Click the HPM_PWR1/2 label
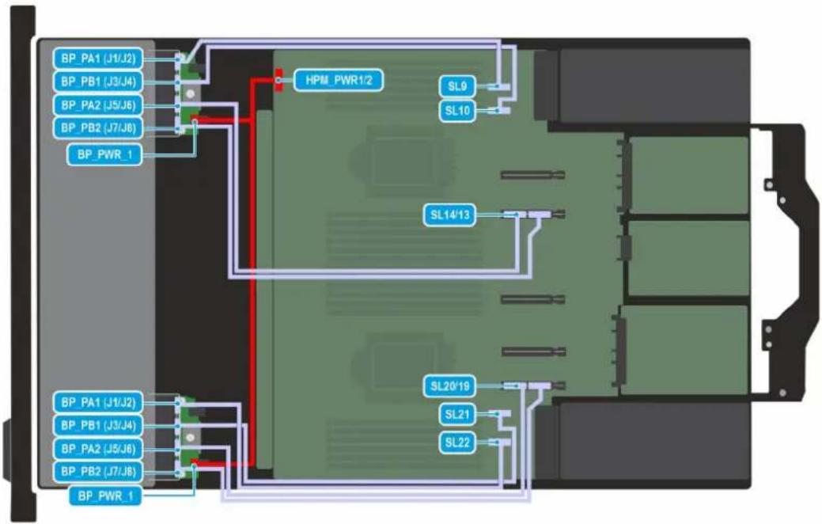click(338, 80)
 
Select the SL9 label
click(457, 86)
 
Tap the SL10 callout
click(457, 111)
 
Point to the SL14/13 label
click(450, 215)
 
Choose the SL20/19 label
click(450, 386)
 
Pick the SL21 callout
click(457, 415)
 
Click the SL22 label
click(457, 442)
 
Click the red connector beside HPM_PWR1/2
click(279, 80)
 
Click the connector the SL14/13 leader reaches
click(513, 215)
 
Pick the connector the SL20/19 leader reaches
click(514, 386)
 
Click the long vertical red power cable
click(252, 273)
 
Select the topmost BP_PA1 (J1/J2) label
click(98, 59)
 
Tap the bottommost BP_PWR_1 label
click(105, 496)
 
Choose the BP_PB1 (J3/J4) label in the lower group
click(98, 425)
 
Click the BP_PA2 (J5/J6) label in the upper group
click(98, 105)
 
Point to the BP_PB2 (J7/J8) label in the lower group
click(98, 472)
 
